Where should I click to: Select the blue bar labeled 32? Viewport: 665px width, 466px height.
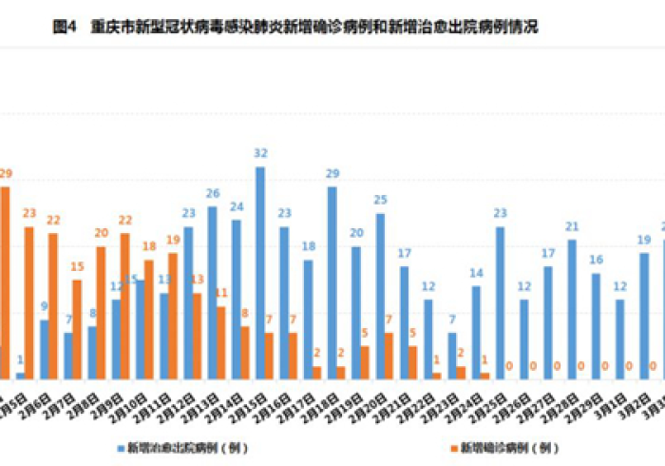click(260, 273)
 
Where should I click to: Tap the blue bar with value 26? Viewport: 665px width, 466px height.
click(212, 293)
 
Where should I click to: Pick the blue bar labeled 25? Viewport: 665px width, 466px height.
click(380, 296)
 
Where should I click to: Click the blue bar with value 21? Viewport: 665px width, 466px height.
click(572, 309)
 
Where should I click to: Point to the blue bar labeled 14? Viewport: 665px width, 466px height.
click(476, 332)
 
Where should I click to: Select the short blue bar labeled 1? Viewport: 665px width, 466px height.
click(21, 376)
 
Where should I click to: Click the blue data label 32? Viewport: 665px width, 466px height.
click(260, 152)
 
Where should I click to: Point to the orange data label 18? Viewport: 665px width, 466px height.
click(149, 246)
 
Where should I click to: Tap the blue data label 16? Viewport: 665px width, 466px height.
click(596, 260)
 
